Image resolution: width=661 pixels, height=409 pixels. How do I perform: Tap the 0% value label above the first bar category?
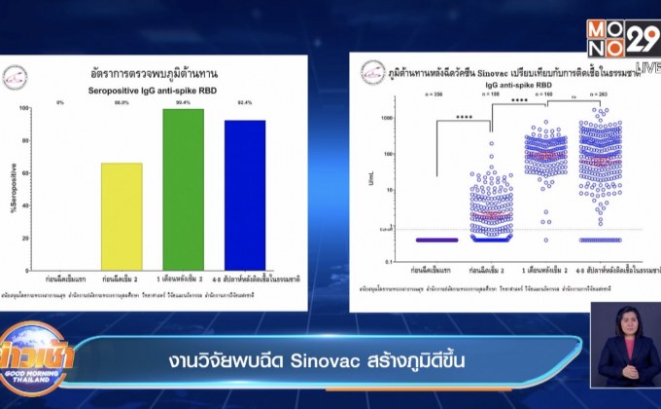pos(60,101)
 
